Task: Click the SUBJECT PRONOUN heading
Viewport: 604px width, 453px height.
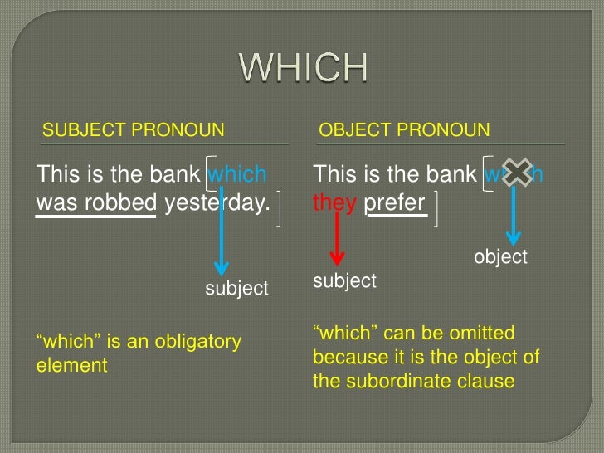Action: click(x=133, y=130)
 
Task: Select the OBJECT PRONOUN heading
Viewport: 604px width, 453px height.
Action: click(x=404, y=130)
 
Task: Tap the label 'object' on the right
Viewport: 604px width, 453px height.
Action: click(x=500, y=257)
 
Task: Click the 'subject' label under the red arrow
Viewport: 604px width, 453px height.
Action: click(x=344, y=281)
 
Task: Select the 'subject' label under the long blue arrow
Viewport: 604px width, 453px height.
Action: click(x=236, y=289)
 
